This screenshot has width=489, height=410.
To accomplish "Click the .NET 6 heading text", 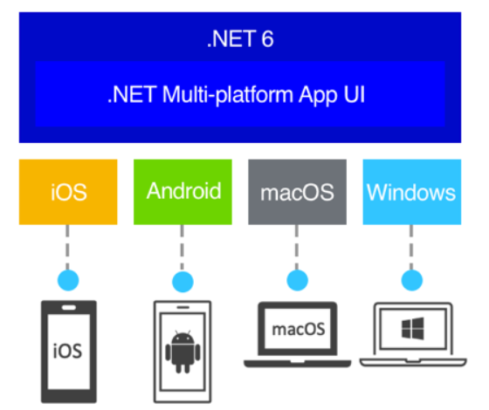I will (241, 38).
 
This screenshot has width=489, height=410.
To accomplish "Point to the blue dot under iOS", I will (68, 281).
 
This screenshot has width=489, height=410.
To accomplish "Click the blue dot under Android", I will (183, 281).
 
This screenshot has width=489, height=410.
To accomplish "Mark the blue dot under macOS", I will (298, 281).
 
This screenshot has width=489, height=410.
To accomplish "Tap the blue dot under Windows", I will (410, 281).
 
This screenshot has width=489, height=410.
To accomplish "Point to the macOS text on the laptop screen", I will (298, 330).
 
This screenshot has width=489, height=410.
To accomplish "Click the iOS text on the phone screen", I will (68, 351).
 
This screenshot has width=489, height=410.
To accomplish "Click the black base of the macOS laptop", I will (298, 360).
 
